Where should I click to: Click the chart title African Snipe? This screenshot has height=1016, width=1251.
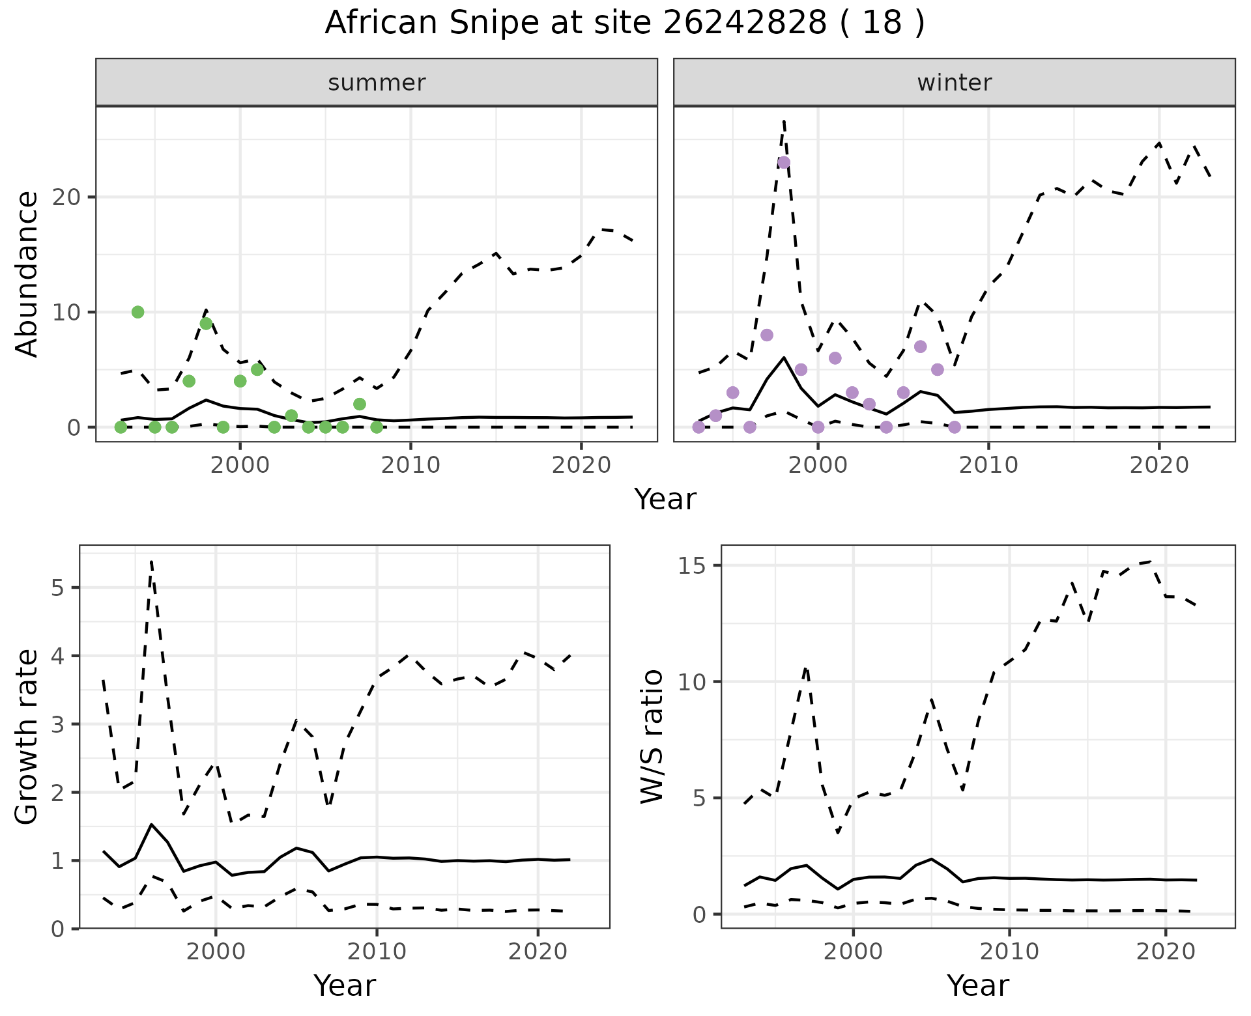tap(624, 23)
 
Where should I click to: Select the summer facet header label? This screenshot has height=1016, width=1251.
tap(377, 83)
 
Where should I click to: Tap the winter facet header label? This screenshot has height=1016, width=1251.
tap(954, 83)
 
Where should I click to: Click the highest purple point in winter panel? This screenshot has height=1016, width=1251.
tap(784, 162)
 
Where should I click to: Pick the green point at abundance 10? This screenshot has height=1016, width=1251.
tap(137, 312)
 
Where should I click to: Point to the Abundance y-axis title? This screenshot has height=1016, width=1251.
tap(27, 274)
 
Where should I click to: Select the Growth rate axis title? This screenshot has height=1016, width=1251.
tap(27, 737)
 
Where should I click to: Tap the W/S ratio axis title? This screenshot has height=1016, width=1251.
tap(652, 736)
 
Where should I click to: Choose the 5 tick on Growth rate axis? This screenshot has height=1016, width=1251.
tap(57, 588)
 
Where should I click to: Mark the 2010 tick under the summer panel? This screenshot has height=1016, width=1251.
tap(410, 465)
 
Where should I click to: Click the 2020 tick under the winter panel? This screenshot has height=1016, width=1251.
tap(1158, 465)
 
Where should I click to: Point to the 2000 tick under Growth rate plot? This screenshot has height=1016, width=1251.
tap(216, 952)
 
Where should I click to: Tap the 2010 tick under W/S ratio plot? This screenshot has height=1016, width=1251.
tap(1009, 952)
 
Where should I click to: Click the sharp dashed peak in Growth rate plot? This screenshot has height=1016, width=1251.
tap(151, 561)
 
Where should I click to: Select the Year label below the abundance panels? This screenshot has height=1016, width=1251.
tap(665, 500)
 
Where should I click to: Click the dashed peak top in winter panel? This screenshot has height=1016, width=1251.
tap(784, 121)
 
